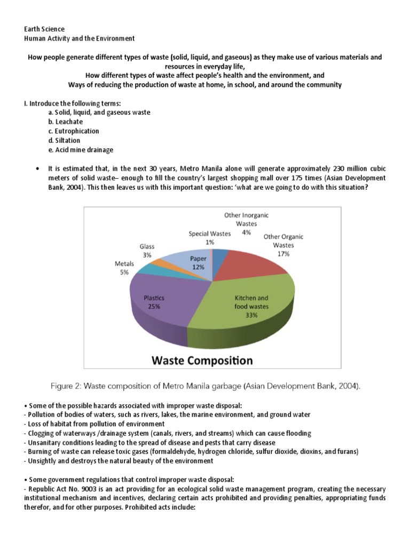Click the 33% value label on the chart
pyautogui.click(x=251, y=315)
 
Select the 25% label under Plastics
pyautogui.click(x=154, y=307)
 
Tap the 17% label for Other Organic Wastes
pyautogui.click(x=283, y=254)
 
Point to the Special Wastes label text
pyautogui.click(x=210, y=234)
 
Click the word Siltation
pyautogui.click(x=68, y=140)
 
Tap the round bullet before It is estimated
pyautogui.click(x=37, y=168)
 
